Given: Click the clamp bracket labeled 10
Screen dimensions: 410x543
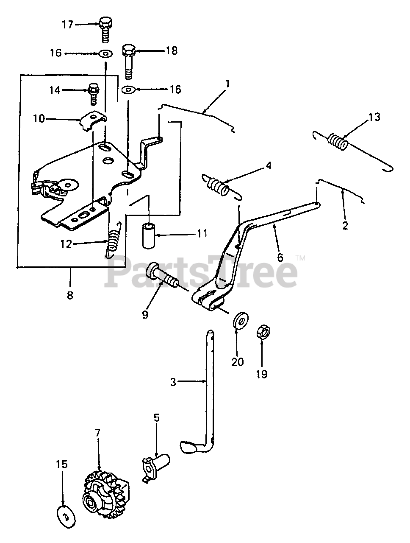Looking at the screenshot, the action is (93, 120).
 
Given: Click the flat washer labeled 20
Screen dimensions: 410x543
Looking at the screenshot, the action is (241, 320).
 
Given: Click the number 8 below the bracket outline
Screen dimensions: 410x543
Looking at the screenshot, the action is (70, 295).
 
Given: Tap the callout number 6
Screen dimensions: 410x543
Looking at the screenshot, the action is (280, 258).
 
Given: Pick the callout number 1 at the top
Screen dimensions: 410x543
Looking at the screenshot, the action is (227, 84).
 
